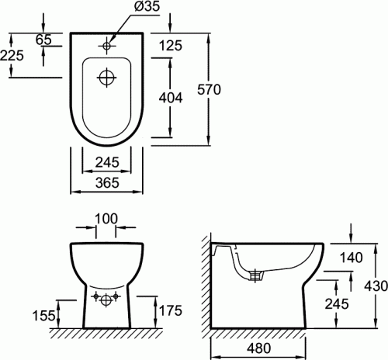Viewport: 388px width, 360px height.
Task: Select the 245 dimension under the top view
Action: tap(107, 161)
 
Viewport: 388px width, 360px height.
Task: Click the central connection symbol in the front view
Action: tap(107, 299)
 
